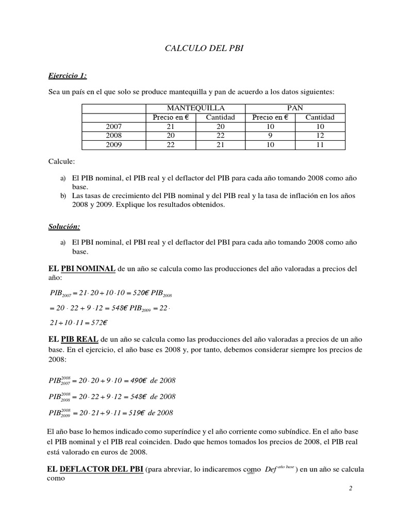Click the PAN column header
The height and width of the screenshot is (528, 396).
pyautogui.click(x=294, y=108)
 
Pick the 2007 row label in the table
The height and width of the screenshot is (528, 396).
pyautogui.click(x=114, y=126)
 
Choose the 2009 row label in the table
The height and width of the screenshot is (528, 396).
pyautogui.click(x=114, y=145)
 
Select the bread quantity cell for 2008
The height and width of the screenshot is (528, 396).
pyautogui.click(x=320, y=136)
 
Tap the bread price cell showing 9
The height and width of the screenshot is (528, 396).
pyautogui.click(x=270, y=136)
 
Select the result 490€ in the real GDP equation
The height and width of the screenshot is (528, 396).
pyautogui.click(x=135, y=381)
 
